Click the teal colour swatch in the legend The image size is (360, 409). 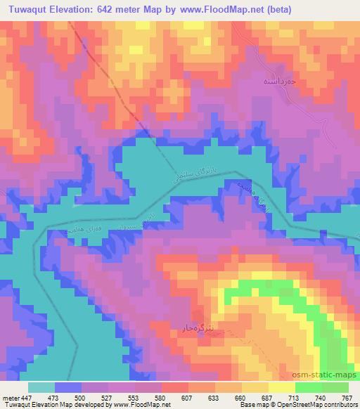(x=41, y=387)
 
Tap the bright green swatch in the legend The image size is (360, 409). (x=308, y=387)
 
